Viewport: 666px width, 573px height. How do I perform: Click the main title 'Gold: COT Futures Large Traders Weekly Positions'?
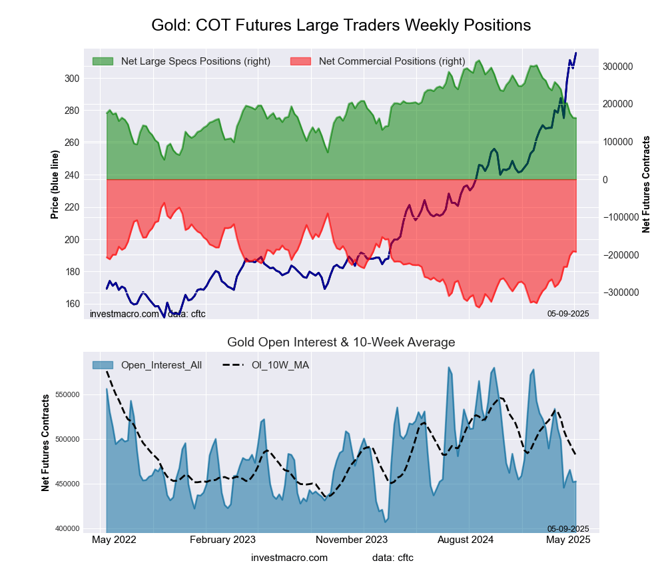point(341,25)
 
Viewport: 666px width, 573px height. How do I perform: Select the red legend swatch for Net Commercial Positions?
point(300,61)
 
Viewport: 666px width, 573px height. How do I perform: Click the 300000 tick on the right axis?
point(617,67)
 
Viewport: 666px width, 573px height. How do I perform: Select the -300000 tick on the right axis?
point(615,292)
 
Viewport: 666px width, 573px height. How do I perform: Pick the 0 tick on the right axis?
point(605,180)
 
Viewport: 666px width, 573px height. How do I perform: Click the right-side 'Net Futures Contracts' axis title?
point(646,184)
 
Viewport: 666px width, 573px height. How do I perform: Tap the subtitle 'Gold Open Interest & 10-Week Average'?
point(341,342)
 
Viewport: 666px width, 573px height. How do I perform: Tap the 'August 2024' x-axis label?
point(470,540)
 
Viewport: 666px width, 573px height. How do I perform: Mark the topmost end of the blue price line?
point(576,53)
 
